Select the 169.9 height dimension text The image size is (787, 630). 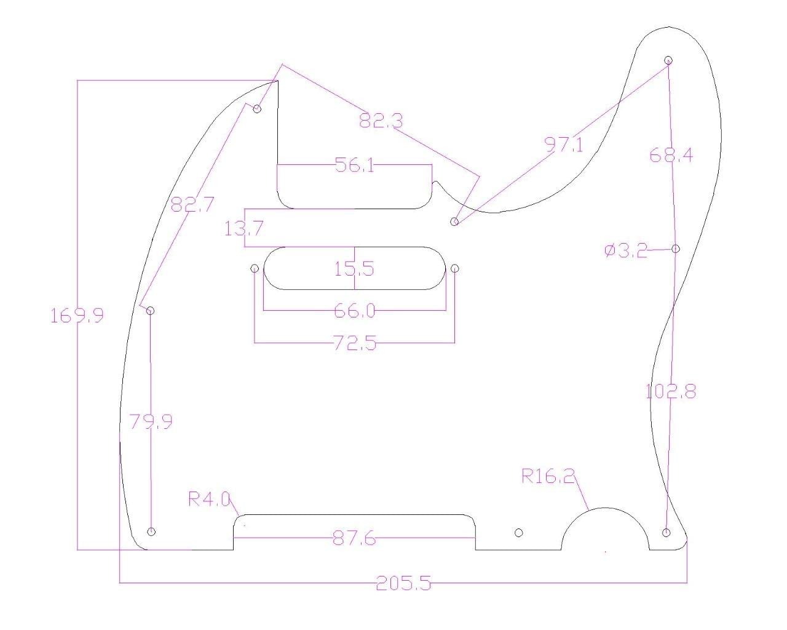point(77,316)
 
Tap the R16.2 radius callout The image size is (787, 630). point(548,476)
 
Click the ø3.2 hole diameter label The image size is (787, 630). point(626,250)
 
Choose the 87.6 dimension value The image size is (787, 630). point(354,539)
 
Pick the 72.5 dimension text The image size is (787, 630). point(354,343)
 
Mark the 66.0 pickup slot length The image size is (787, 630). point(354,311)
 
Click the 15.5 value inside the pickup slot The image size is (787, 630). point(354,269)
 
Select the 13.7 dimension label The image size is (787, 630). point(244,229)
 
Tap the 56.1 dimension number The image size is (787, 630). point(354,165)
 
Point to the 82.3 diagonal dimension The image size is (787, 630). point(381,121)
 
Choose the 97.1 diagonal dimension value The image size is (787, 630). point(564,145)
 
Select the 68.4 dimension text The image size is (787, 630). point(671,155)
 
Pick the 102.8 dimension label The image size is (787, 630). point(671,391)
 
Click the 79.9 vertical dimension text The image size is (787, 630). point(151,421)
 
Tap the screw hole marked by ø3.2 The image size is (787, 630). point(676,249)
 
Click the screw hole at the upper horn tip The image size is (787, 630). point(669,60)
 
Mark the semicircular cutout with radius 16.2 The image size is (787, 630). point(606,532)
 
